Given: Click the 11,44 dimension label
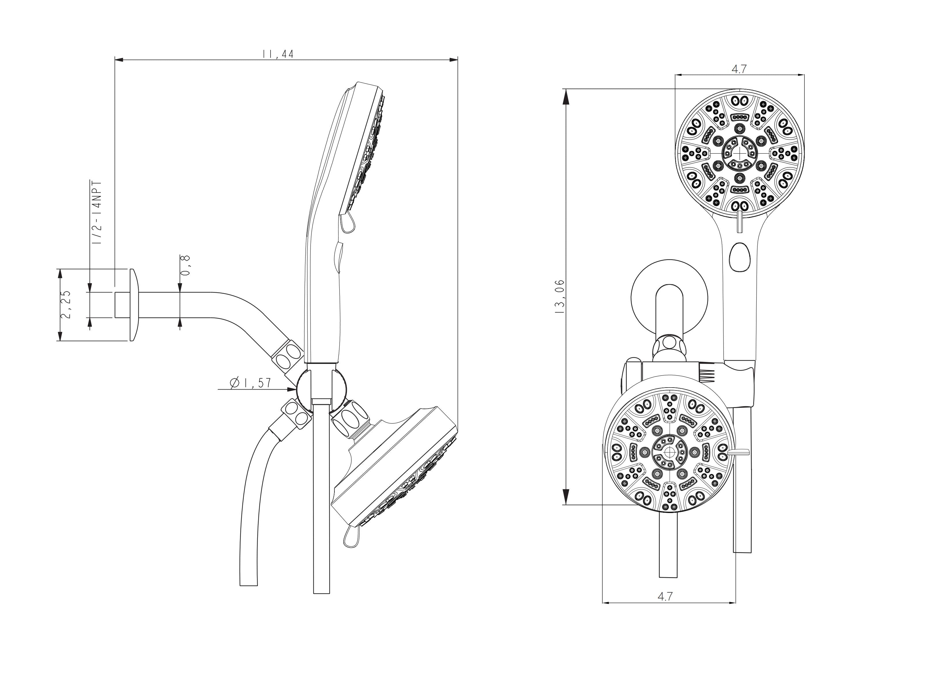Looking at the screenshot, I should pyautogui.click(x=278, y=54).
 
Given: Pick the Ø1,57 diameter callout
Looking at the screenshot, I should pyautogui.click(x=251, y=383).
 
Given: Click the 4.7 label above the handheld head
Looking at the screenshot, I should pyautogui.click(x=739, y=69).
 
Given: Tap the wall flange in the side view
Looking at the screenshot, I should pyautogui.click(x=132, y=305).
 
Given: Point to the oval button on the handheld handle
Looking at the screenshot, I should pyautogui.click(x=740, y=257).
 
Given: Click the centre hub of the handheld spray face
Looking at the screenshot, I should pyautogui.click(x=739, y=152).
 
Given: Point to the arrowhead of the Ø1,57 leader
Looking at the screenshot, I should pyautogui.click(x=293, y=389).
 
